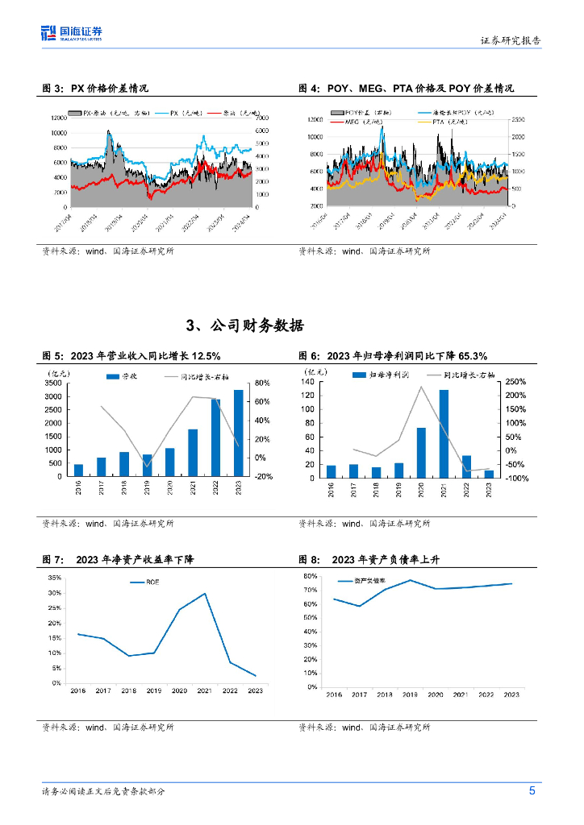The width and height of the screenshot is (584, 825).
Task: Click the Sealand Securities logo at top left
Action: [72, 33]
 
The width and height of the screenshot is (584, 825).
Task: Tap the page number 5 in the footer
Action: [532, 790]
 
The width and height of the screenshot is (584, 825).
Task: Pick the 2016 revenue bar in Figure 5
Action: [78, 470]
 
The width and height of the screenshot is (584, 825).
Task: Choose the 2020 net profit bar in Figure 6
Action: [421, 452]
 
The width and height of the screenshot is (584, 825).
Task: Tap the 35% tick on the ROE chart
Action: [55, 578]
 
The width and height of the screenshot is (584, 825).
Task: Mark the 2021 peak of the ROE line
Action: [204, 594]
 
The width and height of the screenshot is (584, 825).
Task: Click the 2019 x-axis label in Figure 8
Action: [410, 694]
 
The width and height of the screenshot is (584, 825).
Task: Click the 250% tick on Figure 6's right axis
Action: [515, 382]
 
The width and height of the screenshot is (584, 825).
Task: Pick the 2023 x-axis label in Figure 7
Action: [255, 690]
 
